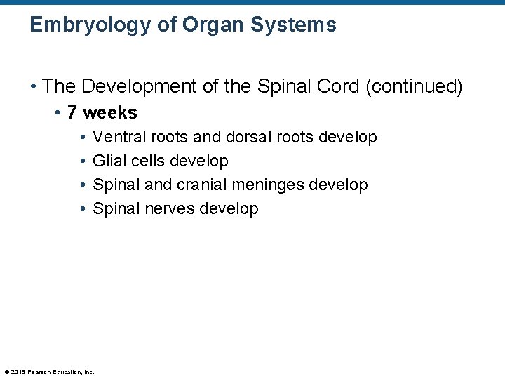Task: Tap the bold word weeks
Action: tap(110, 113)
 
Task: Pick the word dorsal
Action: tap(250, 137)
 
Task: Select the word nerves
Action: tap(170, 208)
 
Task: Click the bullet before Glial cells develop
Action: tap(83, 161)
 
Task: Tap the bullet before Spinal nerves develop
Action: tap(83, 209)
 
